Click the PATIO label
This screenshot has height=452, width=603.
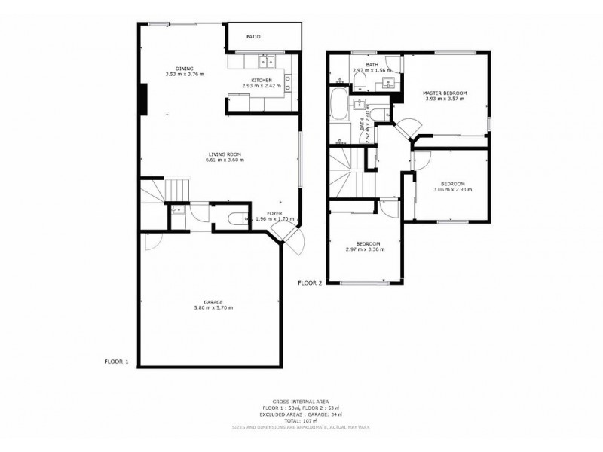(253, 36)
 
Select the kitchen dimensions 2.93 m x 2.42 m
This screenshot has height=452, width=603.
(262, 86)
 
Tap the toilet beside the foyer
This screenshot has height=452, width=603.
(236, 219)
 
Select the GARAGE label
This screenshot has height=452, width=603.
(213, 301)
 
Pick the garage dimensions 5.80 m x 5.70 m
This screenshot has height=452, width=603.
(213, 307)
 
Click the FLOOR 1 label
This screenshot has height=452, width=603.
(117, 362)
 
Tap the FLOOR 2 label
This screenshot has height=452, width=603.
(310, 282)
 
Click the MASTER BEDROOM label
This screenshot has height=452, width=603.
(445, 93)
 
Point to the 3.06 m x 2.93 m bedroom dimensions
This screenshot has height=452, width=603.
(452, 189)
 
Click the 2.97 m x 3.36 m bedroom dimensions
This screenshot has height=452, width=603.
(369, 249)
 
